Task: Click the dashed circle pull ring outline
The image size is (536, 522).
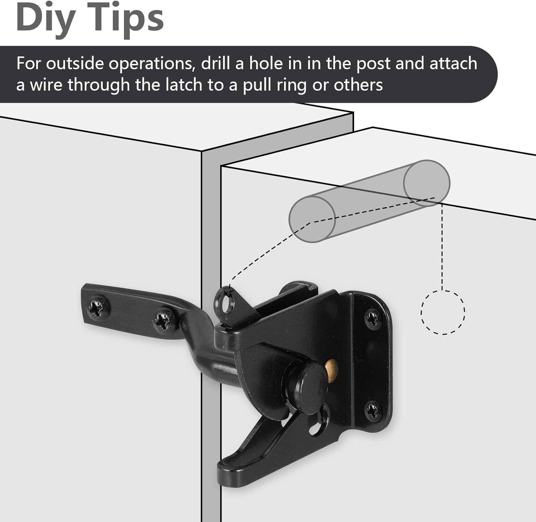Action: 443,312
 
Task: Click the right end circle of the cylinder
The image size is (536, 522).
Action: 427,183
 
